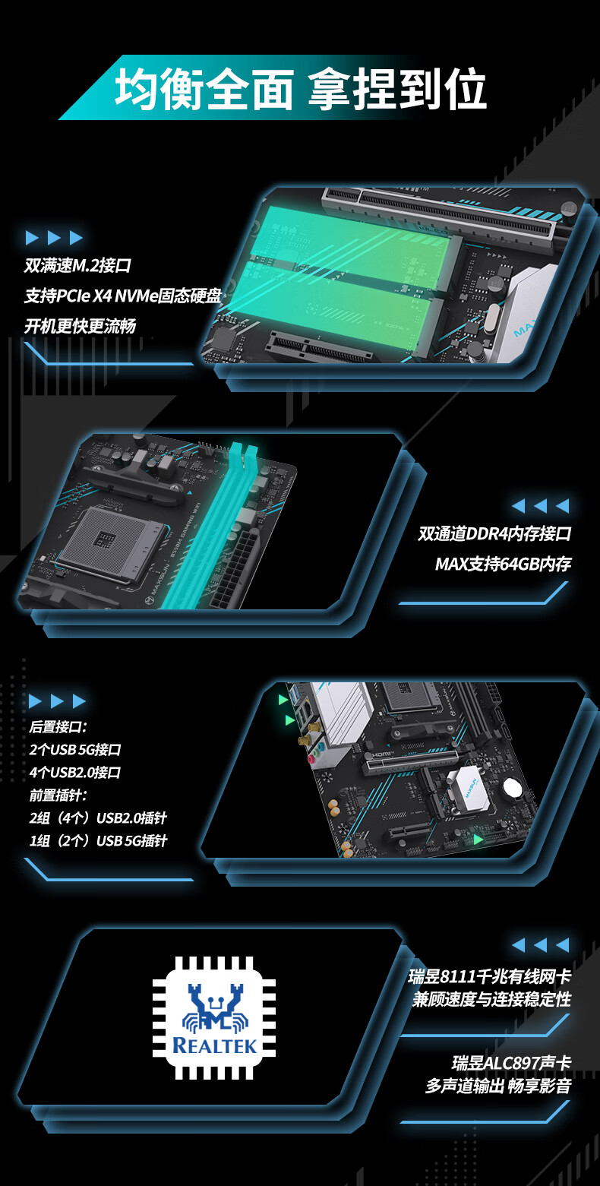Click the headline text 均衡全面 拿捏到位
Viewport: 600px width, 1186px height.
(301, 88)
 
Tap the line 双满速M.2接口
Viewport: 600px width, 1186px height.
(77, 265)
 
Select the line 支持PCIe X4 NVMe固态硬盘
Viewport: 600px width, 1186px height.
(123, 296)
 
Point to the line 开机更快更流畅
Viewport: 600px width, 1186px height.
(80, 326)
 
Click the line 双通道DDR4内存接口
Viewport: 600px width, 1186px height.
(494, 533)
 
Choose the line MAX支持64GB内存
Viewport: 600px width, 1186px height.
(504, 563)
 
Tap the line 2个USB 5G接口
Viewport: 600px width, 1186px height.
(75, 749)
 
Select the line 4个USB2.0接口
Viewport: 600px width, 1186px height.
(75, 772)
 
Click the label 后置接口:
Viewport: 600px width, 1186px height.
(58, 726)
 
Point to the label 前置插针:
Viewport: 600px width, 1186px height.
(58, 795)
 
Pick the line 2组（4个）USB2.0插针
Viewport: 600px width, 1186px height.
(99, 818)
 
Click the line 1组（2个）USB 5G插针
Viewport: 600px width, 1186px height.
(99, 841)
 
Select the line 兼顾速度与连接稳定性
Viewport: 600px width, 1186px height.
(492, 999)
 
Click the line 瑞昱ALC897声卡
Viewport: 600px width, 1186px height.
(512, 1063)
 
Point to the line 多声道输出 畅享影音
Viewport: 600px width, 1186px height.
(498, 1086)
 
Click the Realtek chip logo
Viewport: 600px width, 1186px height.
(214, 1017)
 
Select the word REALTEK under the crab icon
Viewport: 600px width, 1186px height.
(214, 1045)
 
